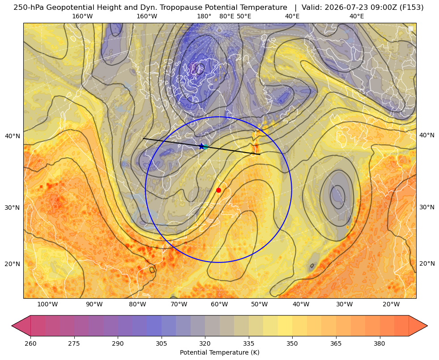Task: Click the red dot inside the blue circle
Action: [219, 190]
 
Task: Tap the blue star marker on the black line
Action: [201, 146]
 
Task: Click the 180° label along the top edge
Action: [204, 16]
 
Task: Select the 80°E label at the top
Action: [226, 16]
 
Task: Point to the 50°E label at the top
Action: [244, 16]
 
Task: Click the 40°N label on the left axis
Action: [13, 136]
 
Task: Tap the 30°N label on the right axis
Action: [427, 207]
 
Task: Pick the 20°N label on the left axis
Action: [13, 264]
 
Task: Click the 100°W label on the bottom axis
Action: [47, 305]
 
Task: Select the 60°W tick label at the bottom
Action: [219, 305]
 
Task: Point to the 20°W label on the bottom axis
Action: [391, 305]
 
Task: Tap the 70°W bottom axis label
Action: [179, 305]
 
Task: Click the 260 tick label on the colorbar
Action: [30, 343]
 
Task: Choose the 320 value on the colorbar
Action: [205, 343]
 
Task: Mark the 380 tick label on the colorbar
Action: [379, 343]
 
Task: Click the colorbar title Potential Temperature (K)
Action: [219, 352]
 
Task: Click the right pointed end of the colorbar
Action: [427, 326]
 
